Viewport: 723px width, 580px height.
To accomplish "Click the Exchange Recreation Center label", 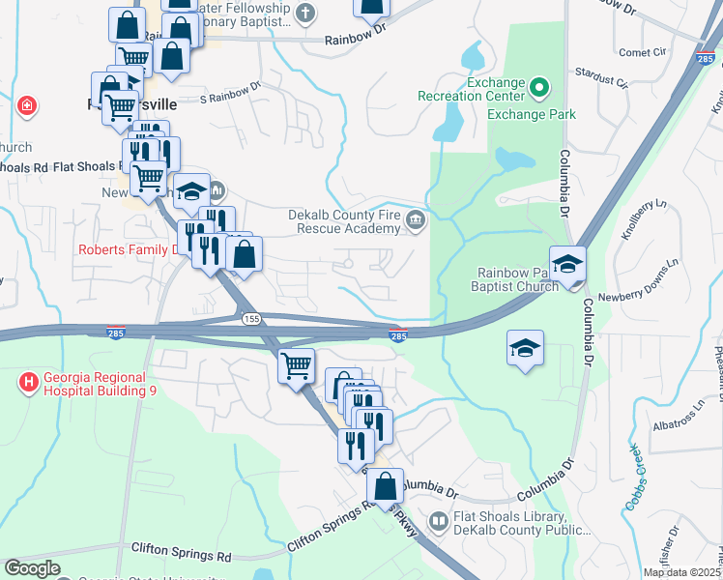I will point(470,89).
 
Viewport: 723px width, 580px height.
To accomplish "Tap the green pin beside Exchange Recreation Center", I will point(539,89).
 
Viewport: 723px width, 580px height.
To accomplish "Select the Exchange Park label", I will point(531,114).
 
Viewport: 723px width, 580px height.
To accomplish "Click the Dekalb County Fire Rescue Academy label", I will point(344,221).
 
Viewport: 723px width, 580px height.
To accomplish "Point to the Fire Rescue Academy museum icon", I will point(416,221).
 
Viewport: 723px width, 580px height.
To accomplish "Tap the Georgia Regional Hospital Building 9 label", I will point(95,384).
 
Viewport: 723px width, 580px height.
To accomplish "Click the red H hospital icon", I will point(29,384).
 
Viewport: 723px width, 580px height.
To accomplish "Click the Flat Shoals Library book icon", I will point(440,522).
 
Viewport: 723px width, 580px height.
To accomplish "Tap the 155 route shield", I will point(251,318).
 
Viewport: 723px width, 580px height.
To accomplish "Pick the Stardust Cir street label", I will point(602,73).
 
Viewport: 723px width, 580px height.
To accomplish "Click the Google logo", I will point(31,568).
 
